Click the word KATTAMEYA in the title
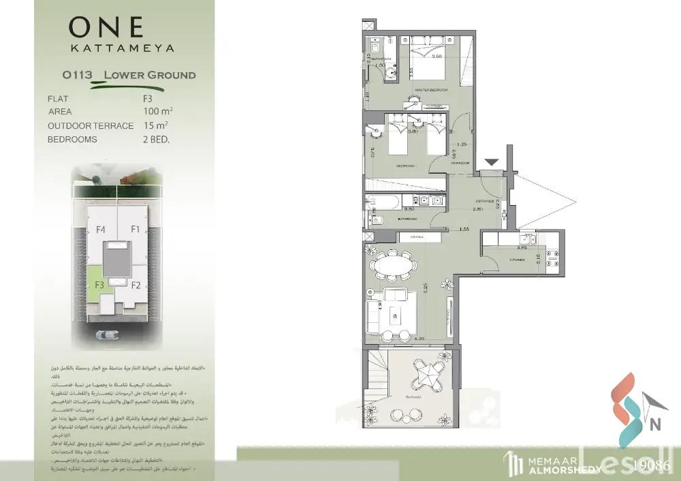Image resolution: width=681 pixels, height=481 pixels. click(x=123, y=48)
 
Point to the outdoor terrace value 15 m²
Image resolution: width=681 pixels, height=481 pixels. click(x=156, y=125)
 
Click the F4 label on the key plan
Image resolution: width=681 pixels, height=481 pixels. click(x=101, y=230)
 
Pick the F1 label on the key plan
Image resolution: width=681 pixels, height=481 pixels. click(x=135, y=230)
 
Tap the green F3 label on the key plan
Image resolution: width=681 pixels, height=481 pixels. click(x=99, y=285)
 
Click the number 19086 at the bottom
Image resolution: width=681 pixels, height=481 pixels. click(x=652, y=466)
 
